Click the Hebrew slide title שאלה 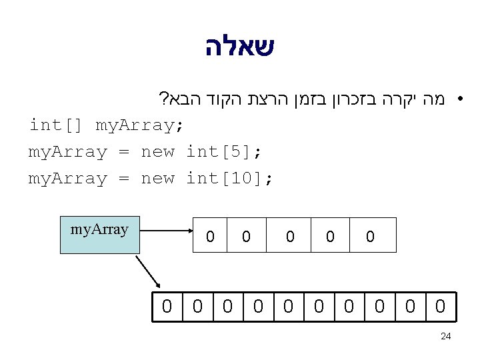239,47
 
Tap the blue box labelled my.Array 100,235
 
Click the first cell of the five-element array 210,235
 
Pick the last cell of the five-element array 371,235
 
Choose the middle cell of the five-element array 289,235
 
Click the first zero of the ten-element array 167,307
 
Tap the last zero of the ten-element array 440,307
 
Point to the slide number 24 446,337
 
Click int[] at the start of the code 57,125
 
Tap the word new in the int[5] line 157,152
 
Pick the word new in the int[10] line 157,179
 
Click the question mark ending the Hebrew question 163,101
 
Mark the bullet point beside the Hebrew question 459,101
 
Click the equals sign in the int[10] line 124,179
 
